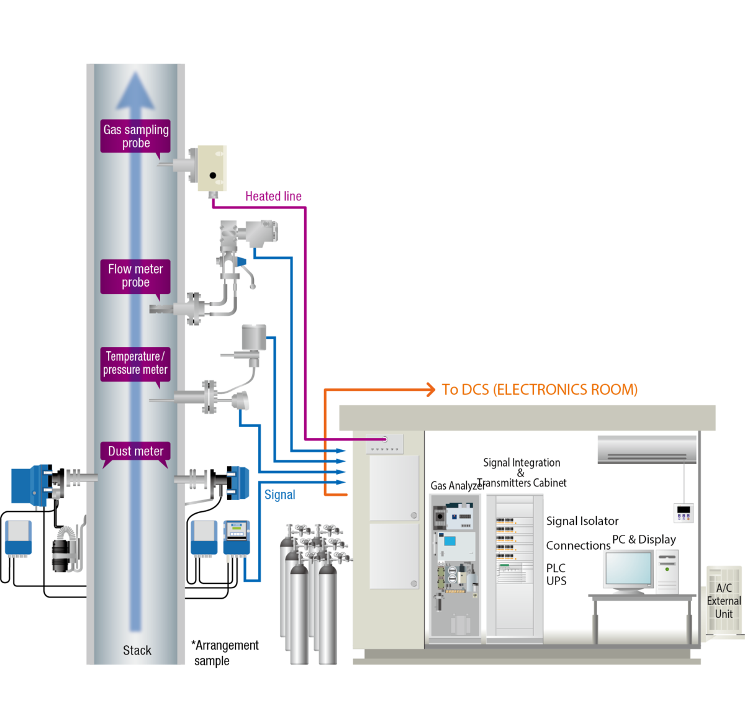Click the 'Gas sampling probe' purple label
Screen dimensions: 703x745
click(135, 136)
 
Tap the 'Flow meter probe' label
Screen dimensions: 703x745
click(135, 275)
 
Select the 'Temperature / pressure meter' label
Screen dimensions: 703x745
click(135, 363)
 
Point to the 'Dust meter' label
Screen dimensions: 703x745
click(135, 451)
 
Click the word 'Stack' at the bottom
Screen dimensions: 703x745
click(137, 650)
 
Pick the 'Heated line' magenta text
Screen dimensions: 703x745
click(273, 197)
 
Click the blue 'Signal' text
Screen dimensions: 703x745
click(279, 495)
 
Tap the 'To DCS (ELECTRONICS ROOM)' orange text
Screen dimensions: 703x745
click(539, 390)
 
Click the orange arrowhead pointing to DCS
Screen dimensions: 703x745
click(430, 390)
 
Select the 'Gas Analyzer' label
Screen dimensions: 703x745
click(457, 486)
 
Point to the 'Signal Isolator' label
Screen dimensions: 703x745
click(582, 521)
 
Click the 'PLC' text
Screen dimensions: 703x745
click(556, 568)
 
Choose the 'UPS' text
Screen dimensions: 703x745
click(556, 581)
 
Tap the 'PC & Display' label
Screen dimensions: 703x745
click(644, 539)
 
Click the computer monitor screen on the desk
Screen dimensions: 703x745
click(628, 570)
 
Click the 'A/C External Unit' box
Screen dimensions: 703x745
click(724, 601)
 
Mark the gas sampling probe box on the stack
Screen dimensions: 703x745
click(211, 168)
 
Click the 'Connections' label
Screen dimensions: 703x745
click(578, 545)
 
